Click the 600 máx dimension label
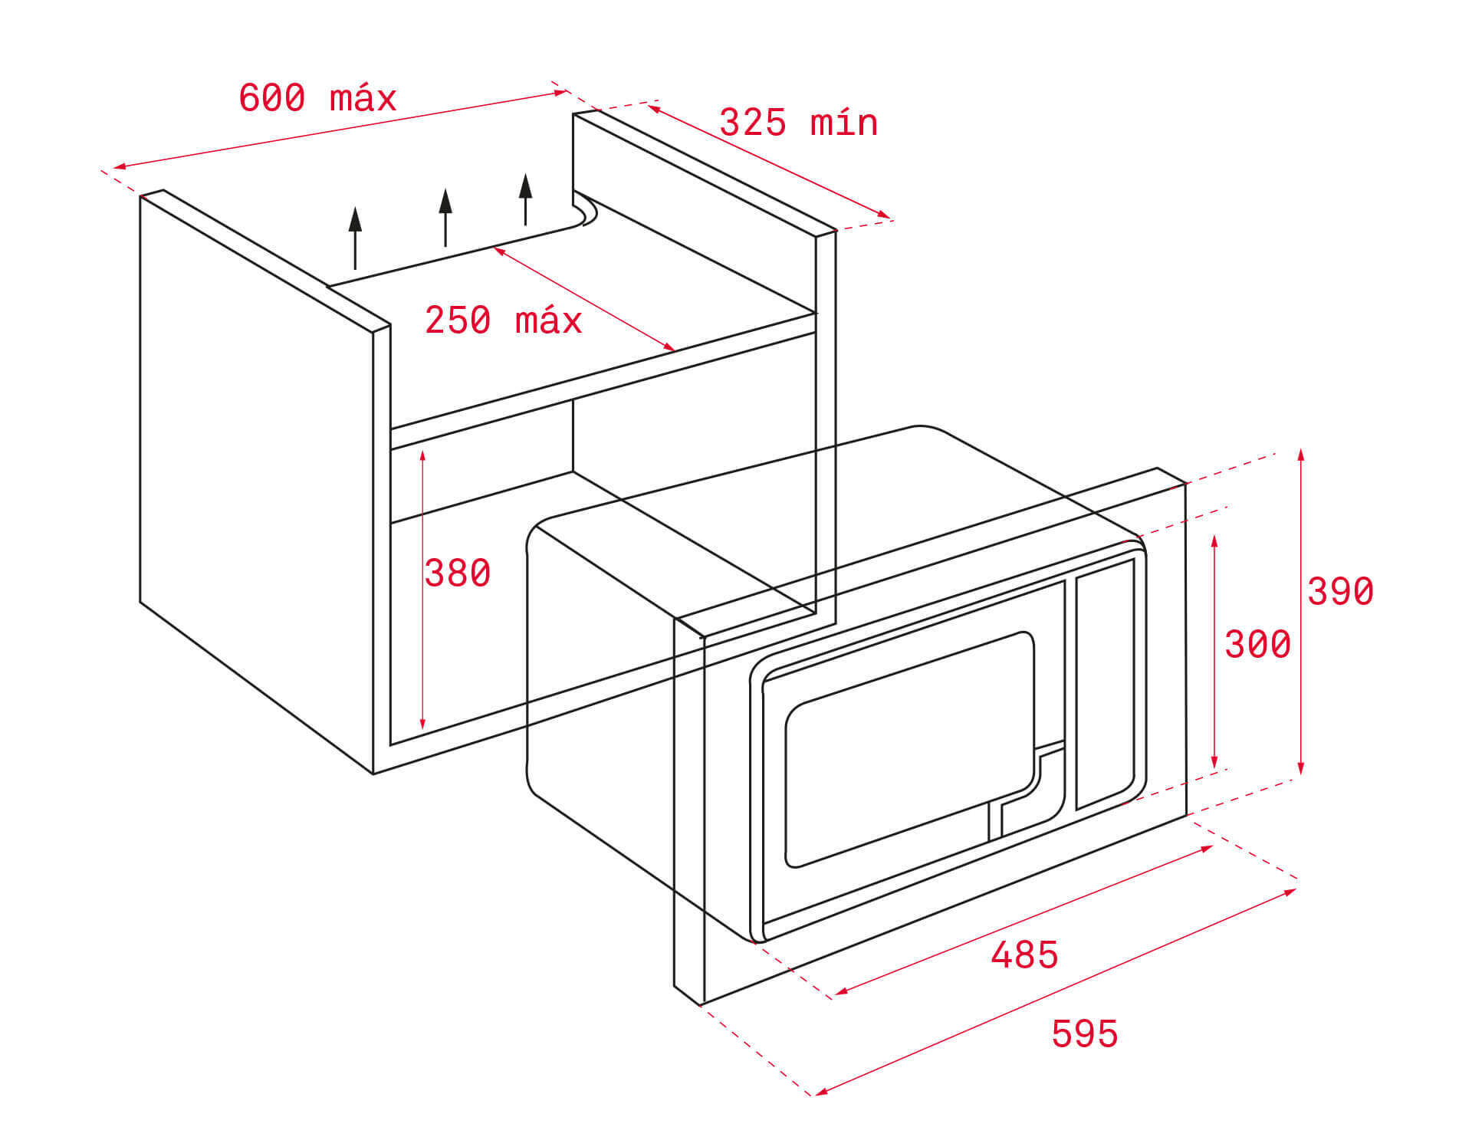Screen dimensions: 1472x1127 317,98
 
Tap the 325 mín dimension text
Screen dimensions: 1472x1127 798,123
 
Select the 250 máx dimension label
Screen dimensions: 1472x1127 504,320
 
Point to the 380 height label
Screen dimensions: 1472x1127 458,573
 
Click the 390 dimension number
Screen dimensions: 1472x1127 1340,591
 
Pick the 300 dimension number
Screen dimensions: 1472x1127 1257,644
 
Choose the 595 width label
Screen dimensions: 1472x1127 1085,1033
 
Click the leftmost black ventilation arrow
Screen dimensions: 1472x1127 354,238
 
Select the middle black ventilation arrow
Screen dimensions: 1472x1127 445,217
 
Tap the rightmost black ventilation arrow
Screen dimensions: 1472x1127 525,199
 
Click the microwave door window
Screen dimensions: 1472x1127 910,749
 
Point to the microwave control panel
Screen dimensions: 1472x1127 1106,684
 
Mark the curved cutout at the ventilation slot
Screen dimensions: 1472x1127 584,209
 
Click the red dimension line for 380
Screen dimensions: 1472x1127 422,590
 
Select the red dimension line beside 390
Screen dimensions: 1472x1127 1301,613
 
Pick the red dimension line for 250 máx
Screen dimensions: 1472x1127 584,299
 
